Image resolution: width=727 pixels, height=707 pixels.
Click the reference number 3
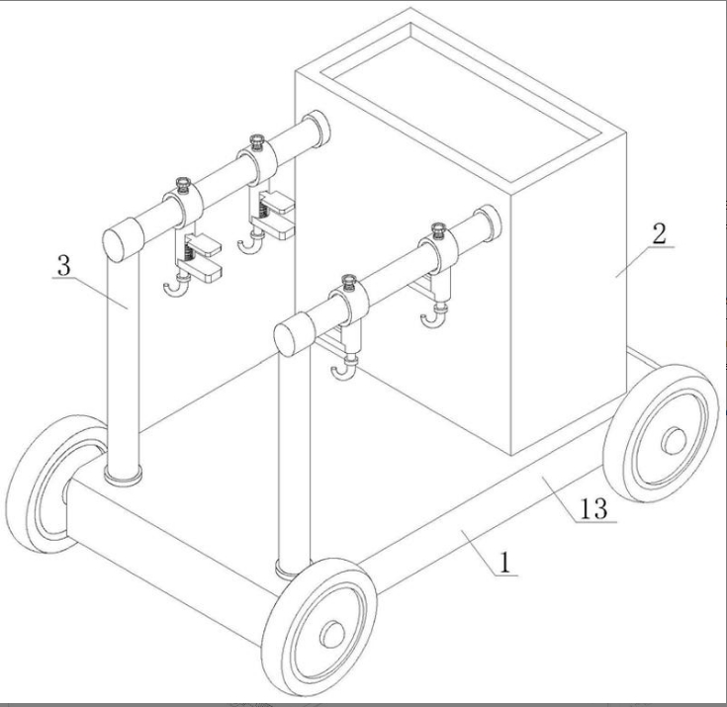click(64, 266)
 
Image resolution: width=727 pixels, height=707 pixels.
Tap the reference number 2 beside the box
click(659, 234)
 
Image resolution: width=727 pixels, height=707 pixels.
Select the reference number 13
click(593, 508)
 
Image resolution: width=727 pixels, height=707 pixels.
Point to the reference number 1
click(504, 563)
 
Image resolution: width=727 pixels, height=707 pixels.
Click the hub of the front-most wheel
click(333, 635)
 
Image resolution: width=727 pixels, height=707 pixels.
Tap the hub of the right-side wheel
click(675, 440)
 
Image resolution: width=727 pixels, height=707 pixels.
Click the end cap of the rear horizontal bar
click(122, 239)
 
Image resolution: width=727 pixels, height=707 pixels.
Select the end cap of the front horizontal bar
click(294, 334)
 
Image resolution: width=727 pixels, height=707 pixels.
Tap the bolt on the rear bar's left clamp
click(183, 184)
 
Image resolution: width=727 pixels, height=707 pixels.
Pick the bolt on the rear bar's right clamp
click(256, 140)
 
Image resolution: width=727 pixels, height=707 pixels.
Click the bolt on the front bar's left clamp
click(348, 282)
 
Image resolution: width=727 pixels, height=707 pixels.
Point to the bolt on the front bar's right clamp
click(438, 229)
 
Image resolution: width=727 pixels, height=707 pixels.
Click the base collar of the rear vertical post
click(123, 475)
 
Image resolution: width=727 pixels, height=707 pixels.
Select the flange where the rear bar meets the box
click(319, 129)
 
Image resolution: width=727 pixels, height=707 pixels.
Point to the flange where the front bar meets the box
click(491, 223)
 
